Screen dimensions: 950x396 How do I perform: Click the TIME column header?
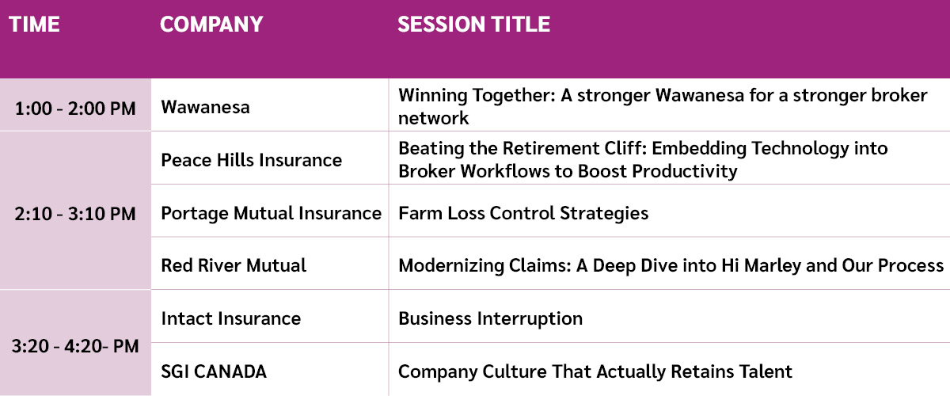click(x=34, y=25)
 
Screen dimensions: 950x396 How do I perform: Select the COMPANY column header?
click(x=211, y=25)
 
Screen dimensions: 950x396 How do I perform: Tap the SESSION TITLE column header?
click(x=473, y=25)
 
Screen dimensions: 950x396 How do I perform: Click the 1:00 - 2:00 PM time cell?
click(x=75, y=109)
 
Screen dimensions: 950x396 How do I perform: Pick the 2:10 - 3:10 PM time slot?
click(x=75, y=214)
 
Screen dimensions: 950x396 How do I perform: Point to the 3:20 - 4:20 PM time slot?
click(x=75, y=346)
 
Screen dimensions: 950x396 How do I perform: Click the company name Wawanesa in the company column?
click(x=205, y=107)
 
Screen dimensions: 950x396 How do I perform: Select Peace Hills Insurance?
click(x=252, y=160)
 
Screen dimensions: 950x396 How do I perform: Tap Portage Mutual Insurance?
click(x=271, y=214)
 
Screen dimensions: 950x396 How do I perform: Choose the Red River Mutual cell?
click(x=234, y=265)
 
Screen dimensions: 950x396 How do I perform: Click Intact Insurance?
click(x=230, y=318)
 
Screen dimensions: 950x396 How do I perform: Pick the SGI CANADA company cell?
click(x=214, y=371)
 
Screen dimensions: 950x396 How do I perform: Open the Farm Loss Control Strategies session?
click(x=523, y=214)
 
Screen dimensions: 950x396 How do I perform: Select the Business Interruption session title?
click(x=491, y=319)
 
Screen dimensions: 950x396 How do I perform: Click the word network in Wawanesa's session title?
click(x=434, y=119)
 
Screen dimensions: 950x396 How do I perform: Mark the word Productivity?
click(x=685, y=172)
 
